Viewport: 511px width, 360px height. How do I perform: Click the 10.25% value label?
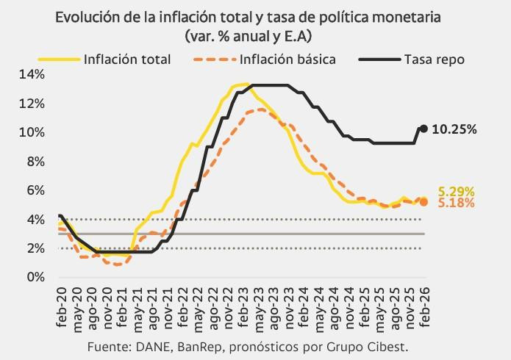tap(454, 129)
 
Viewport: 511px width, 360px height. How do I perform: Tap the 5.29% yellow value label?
tap(457, 191)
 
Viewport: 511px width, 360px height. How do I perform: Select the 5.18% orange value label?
tap(457, 203)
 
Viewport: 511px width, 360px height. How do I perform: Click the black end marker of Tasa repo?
tap(424, 129)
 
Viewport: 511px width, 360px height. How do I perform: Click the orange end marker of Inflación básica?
tap(424, 202)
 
